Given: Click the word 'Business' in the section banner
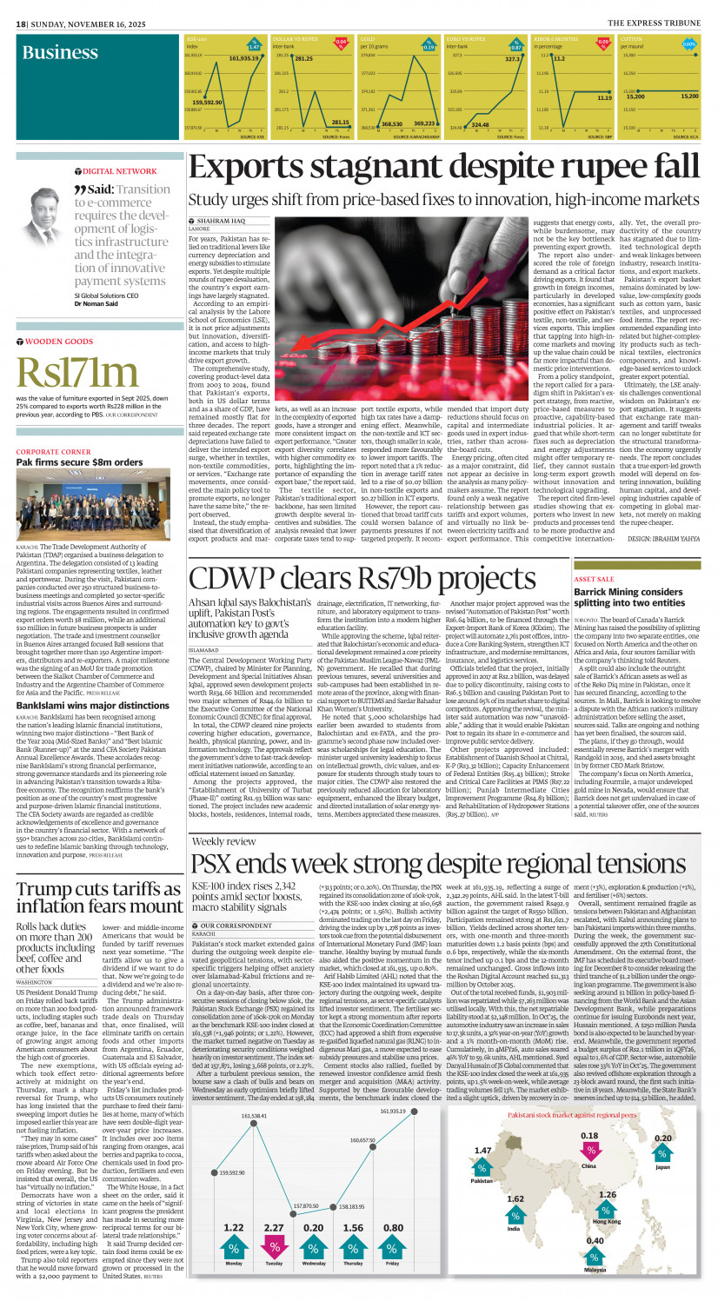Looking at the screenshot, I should click(x=60, y=53).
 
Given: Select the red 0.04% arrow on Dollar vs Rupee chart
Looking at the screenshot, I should click(x=342, y=42).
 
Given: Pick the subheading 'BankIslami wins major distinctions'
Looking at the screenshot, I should click(x=86, y=682).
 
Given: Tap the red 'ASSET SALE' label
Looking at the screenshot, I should click(x=595, y=554).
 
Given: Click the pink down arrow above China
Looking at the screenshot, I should click(x=589, y=1152).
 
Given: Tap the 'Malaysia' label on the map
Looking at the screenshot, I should click(x=595, y=1270).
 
